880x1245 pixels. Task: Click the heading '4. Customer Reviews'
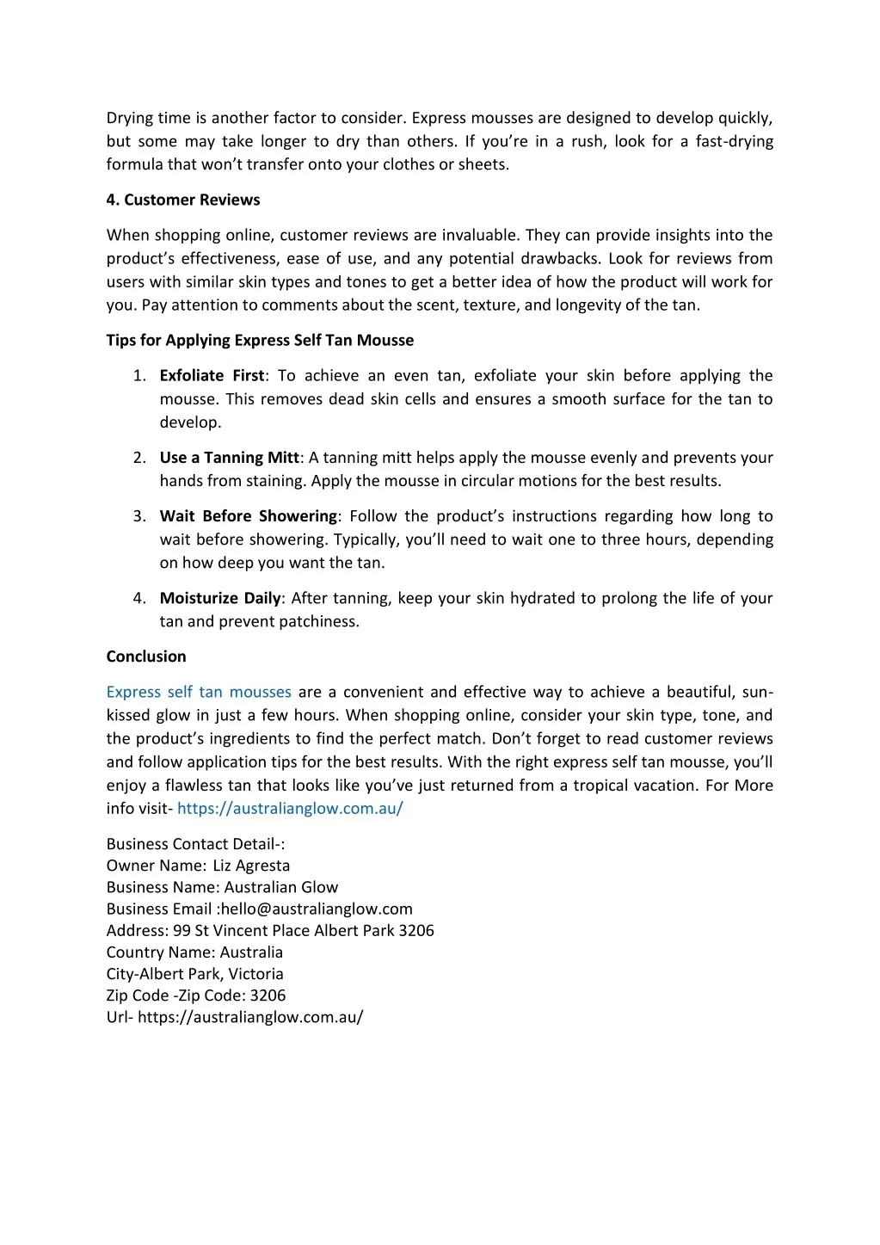click(x=182, y=200)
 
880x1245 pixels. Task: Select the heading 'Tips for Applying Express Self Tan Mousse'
click(x=260, y=340)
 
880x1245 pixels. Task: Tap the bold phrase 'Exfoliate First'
click(x=212, y=375)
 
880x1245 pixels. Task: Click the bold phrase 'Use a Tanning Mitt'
click(x=229, y=458)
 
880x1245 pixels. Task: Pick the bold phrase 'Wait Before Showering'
click(x=248, y=516)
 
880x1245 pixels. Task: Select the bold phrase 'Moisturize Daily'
click(x=220, y=598)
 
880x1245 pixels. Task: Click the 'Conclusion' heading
click(x=146, y=656)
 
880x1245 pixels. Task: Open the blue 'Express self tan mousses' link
click(x=199, y=692)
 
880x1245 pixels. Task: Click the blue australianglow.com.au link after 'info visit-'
click(x=290, y=809)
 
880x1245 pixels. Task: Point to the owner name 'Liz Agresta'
click(x=251, y=866)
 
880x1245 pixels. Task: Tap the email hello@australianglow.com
click(x=317, y=909)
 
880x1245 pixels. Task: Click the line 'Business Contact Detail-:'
click(x=195, y=844)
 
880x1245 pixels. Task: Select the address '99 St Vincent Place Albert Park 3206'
click(x=304, y=930)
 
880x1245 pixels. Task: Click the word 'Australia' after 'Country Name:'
click(x=251, y=952)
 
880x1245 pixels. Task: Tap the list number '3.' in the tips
click(x=139, y=516)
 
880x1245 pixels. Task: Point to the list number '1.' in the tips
click(x=139, y=375)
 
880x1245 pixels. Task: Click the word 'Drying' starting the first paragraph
click(x=130, y=118)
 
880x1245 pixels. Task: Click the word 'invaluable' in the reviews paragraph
click(x=478, y=235)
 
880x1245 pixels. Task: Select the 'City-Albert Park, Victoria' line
click(x=194, y=974)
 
